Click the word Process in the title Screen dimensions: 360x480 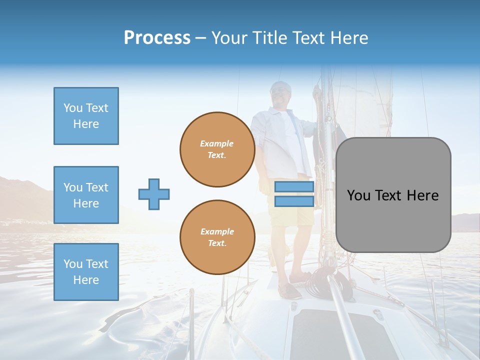click(157, 37)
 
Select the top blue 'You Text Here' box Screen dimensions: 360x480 click(86, 116)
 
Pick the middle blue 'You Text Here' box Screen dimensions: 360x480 click(86, 195)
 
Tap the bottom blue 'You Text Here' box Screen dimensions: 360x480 click(86, 271)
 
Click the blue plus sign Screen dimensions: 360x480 click(154, 194)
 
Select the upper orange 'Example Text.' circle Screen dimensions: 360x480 click(217, 149)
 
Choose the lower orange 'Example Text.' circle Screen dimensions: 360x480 click(217, 237)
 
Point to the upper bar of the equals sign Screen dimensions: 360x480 click(294, 187)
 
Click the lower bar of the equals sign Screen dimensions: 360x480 click(294, 201)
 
